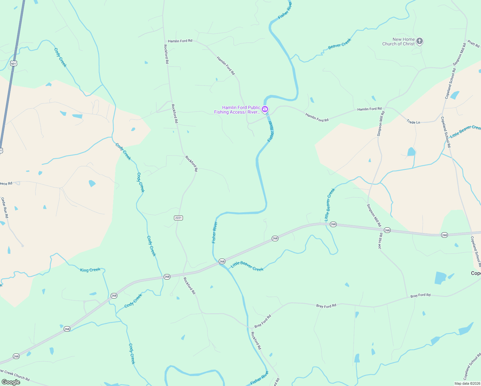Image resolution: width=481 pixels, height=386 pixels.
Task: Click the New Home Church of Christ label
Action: [398, 41]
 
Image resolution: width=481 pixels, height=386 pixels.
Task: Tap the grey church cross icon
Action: [419, 41]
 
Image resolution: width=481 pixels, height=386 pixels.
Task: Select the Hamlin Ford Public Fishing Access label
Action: [237, 110]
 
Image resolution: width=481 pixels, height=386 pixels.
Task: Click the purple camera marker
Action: [265, 109]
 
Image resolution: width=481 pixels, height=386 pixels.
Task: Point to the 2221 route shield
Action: [178, 218]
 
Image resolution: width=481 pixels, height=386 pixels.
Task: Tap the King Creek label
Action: [90, 270]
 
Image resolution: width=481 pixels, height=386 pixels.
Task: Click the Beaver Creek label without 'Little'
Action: [340, 44]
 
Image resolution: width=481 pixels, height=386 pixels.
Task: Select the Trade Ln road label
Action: [413, 122]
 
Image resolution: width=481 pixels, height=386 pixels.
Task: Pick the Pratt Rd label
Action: [473, 44]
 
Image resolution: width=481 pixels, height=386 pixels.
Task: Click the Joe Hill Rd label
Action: [380, 241]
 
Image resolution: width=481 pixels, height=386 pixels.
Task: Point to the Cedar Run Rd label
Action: [5, 208]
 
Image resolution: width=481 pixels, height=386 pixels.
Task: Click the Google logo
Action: [11, 382]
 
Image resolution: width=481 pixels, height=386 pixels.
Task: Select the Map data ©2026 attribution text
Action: [467, 383]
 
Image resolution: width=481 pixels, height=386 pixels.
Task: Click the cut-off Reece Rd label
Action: [6, 184]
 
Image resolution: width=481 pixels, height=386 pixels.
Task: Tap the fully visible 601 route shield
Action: [13, 64]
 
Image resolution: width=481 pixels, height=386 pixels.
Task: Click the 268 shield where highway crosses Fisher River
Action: [222, 262]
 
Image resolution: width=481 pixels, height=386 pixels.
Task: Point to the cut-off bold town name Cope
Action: [476, 273]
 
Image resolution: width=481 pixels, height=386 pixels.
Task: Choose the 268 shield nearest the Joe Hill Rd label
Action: [387, 230]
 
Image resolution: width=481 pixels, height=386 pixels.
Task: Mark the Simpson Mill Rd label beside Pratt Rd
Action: [459, 54]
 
